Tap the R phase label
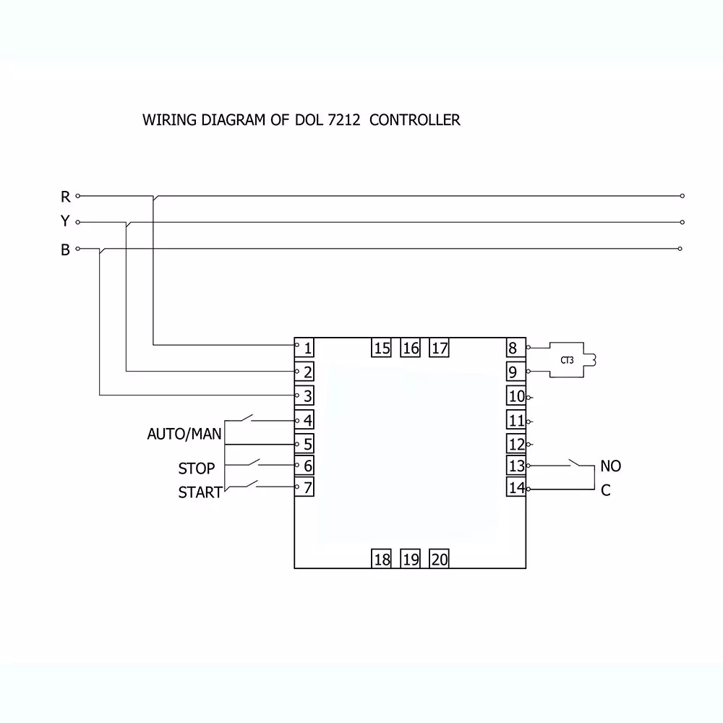coord(65,197)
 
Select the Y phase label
coord(65,222)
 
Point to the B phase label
coord(65,250)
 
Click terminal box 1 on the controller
coord(307,348)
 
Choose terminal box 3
coord(307,396)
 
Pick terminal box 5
coord(307,444)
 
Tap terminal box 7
coord(307,487)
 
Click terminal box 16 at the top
coord(411,348)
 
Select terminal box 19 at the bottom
coord(411,559)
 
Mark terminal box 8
coord(513,348)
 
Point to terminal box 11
coord(516,421)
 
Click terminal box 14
coord(516,488)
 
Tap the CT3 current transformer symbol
coord(567,359)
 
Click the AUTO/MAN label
coord(184,434)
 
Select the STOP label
coord(197,469)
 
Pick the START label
coord(200,493)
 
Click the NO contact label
coord(610,466)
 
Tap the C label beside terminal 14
coord(606,491)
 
